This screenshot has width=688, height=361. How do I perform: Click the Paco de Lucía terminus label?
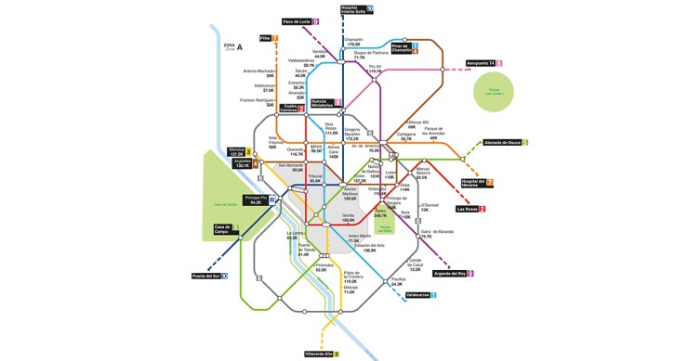pyautogui.click(x=299, y=21)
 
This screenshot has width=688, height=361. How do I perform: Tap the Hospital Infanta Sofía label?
pyautogui.click(x=354, y=9)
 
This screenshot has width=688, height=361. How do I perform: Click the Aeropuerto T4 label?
pyautogui.click(x=483, y=63)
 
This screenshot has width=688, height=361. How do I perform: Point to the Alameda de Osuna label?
pyautogui.click(x=505, y=142)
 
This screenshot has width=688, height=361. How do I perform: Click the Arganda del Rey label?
pyautogui.click(x=452, y=274)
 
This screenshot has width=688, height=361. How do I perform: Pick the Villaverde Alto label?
pyautogui.click(x=320, y=354)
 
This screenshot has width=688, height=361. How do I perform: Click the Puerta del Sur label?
pyautogui.click(x=208, y=276)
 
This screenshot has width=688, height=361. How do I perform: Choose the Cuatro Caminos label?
pyautogui.click(x=290, y=109)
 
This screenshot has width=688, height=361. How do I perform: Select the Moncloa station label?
pyautogui.click(x=236, y=151)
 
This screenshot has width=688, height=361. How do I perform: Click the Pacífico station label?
pyautogui.click(x=397, y=280)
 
